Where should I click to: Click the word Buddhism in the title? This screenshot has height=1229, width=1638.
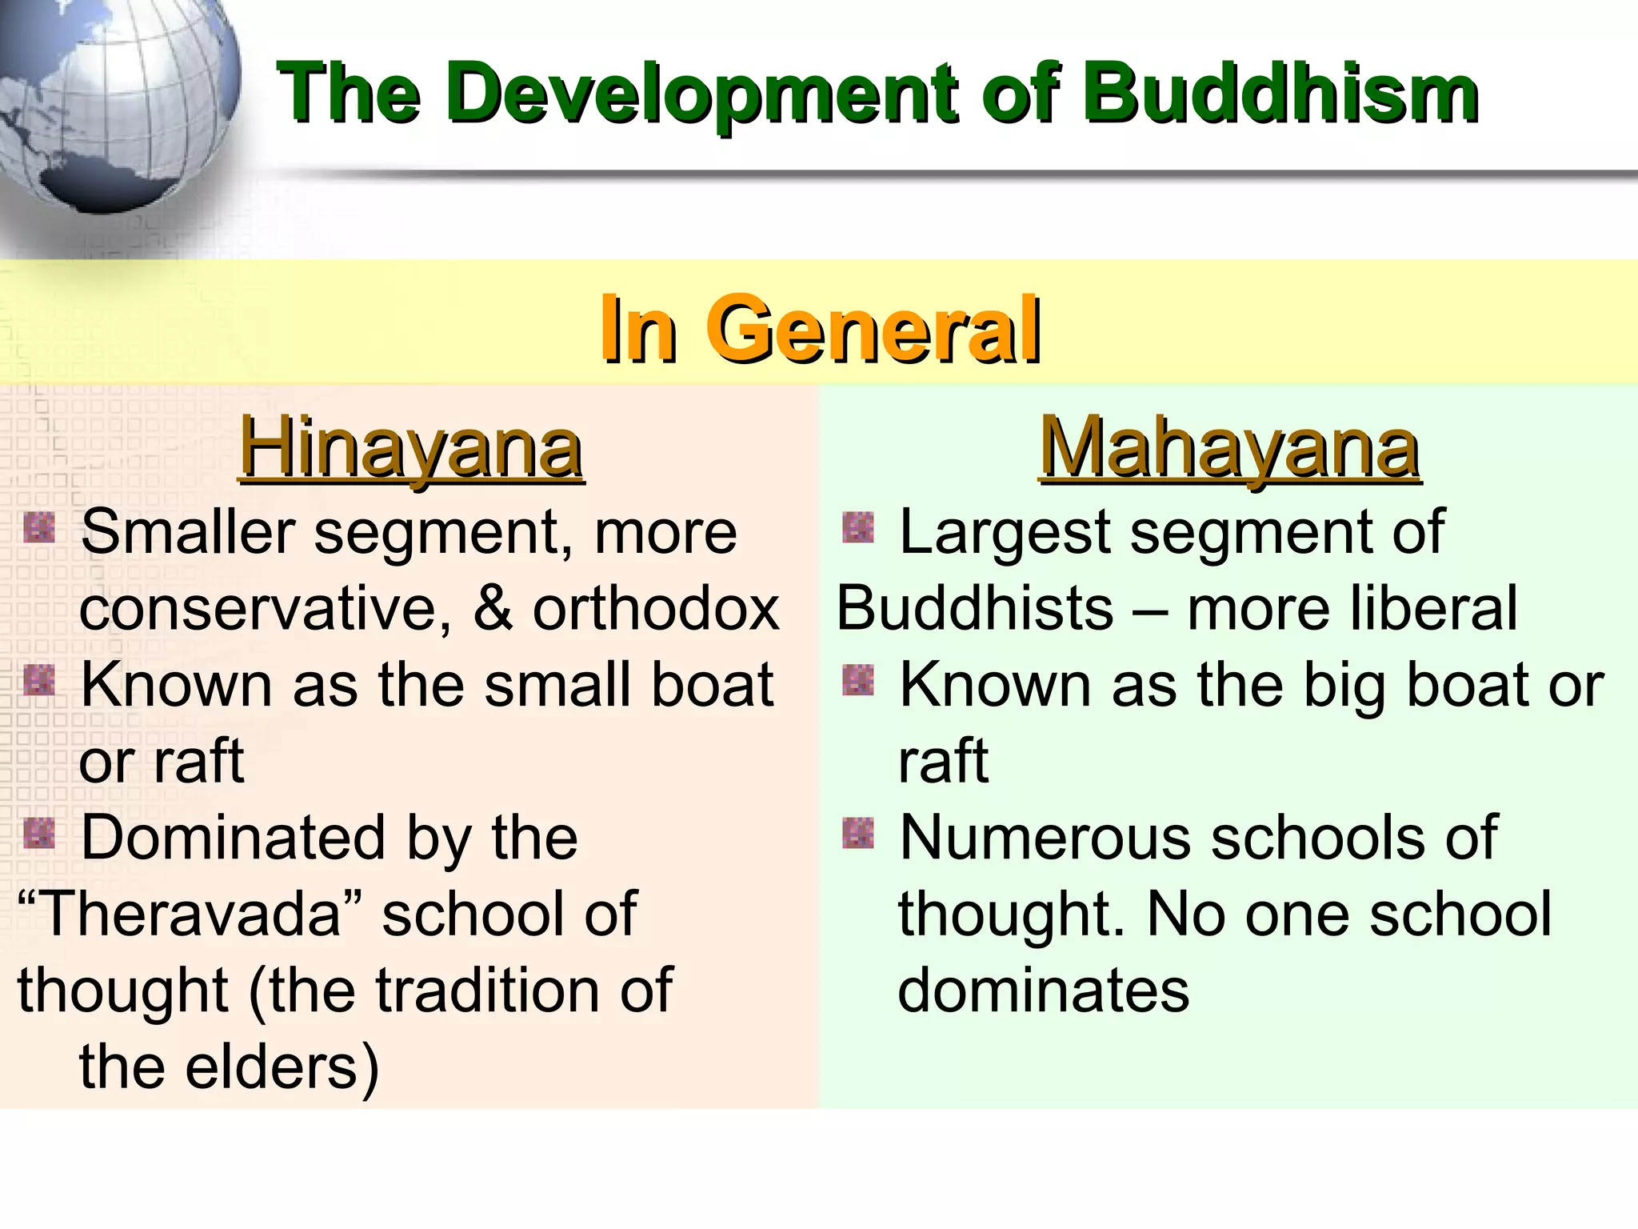coord(1280,94)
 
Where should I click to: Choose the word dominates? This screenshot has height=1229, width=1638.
coord(1044,991)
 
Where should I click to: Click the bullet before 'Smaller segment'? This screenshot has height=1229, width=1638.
coord(39,528)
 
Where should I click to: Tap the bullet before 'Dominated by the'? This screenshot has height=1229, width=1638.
coord(39,834)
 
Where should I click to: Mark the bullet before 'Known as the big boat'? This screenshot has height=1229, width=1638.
coord(858,681)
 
